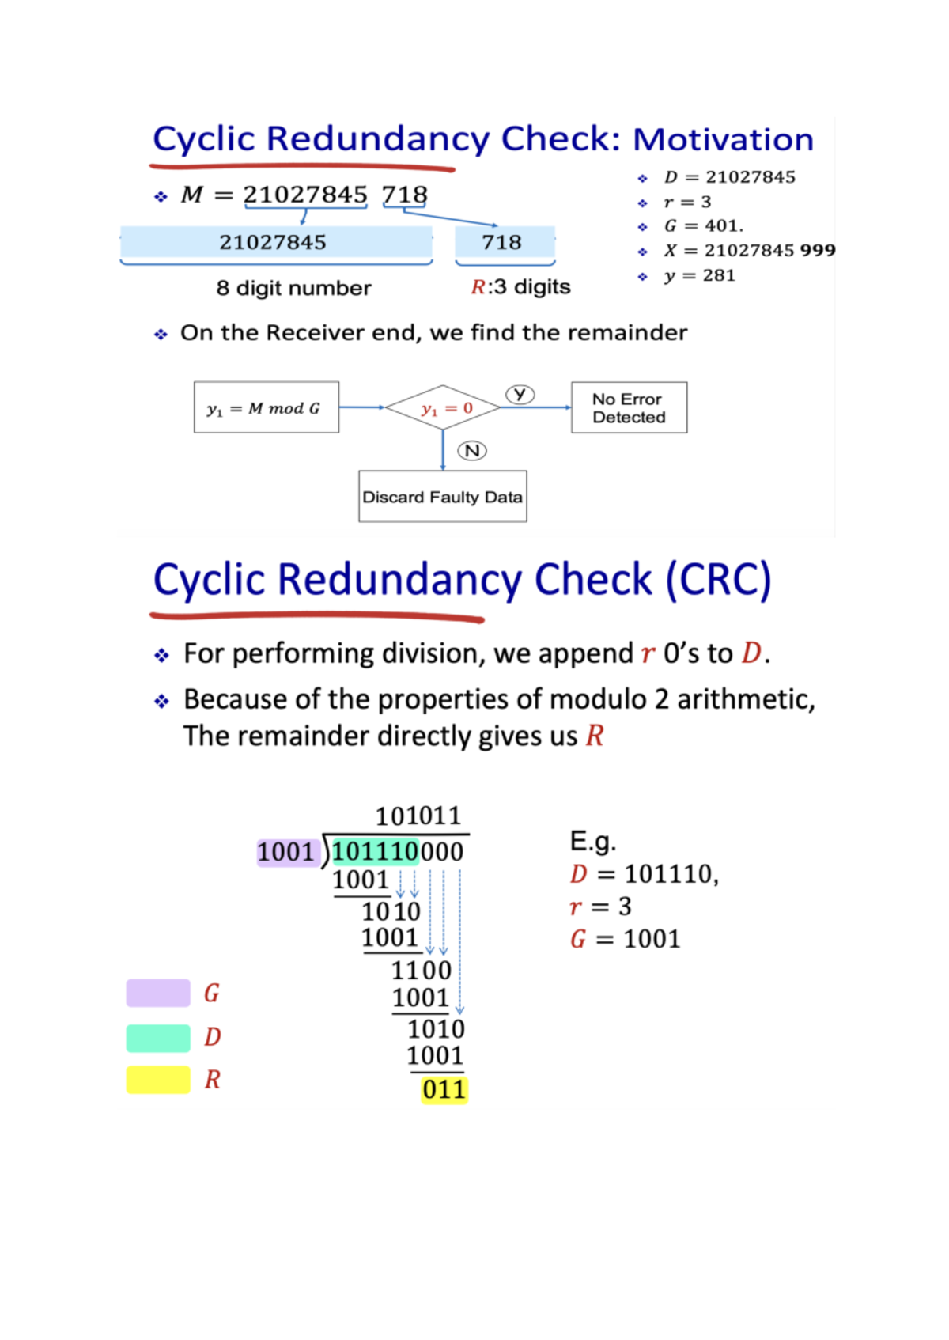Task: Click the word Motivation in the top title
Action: tap(723, 139)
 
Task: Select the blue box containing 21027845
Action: tap(275, 242)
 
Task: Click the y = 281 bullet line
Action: tap(699, 275)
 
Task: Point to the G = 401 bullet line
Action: tap(703, 225)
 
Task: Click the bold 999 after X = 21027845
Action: tap(817, 250)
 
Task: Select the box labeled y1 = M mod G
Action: tap(266, 407)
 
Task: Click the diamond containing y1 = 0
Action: tap(444, 408)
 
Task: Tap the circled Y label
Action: tap(520, 394)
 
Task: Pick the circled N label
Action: tap(472, 450)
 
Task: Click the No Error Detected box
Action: tap(629, 407)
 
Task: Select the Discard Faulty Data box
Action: tap(442, 497)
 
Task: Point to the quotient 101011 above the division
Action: tap(418, 816)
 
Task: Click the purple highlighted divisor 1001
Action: tap(286, 852)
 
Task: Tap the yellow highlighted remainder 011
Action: tap(444, 1089)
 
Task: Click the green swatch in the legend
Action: tap(158, 1037)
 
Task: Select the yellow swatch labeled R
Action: tap(158, 1080)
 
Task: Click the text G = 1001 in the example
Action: tap(625, 939)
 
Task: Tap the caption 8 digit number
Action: tap(293, 288)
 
